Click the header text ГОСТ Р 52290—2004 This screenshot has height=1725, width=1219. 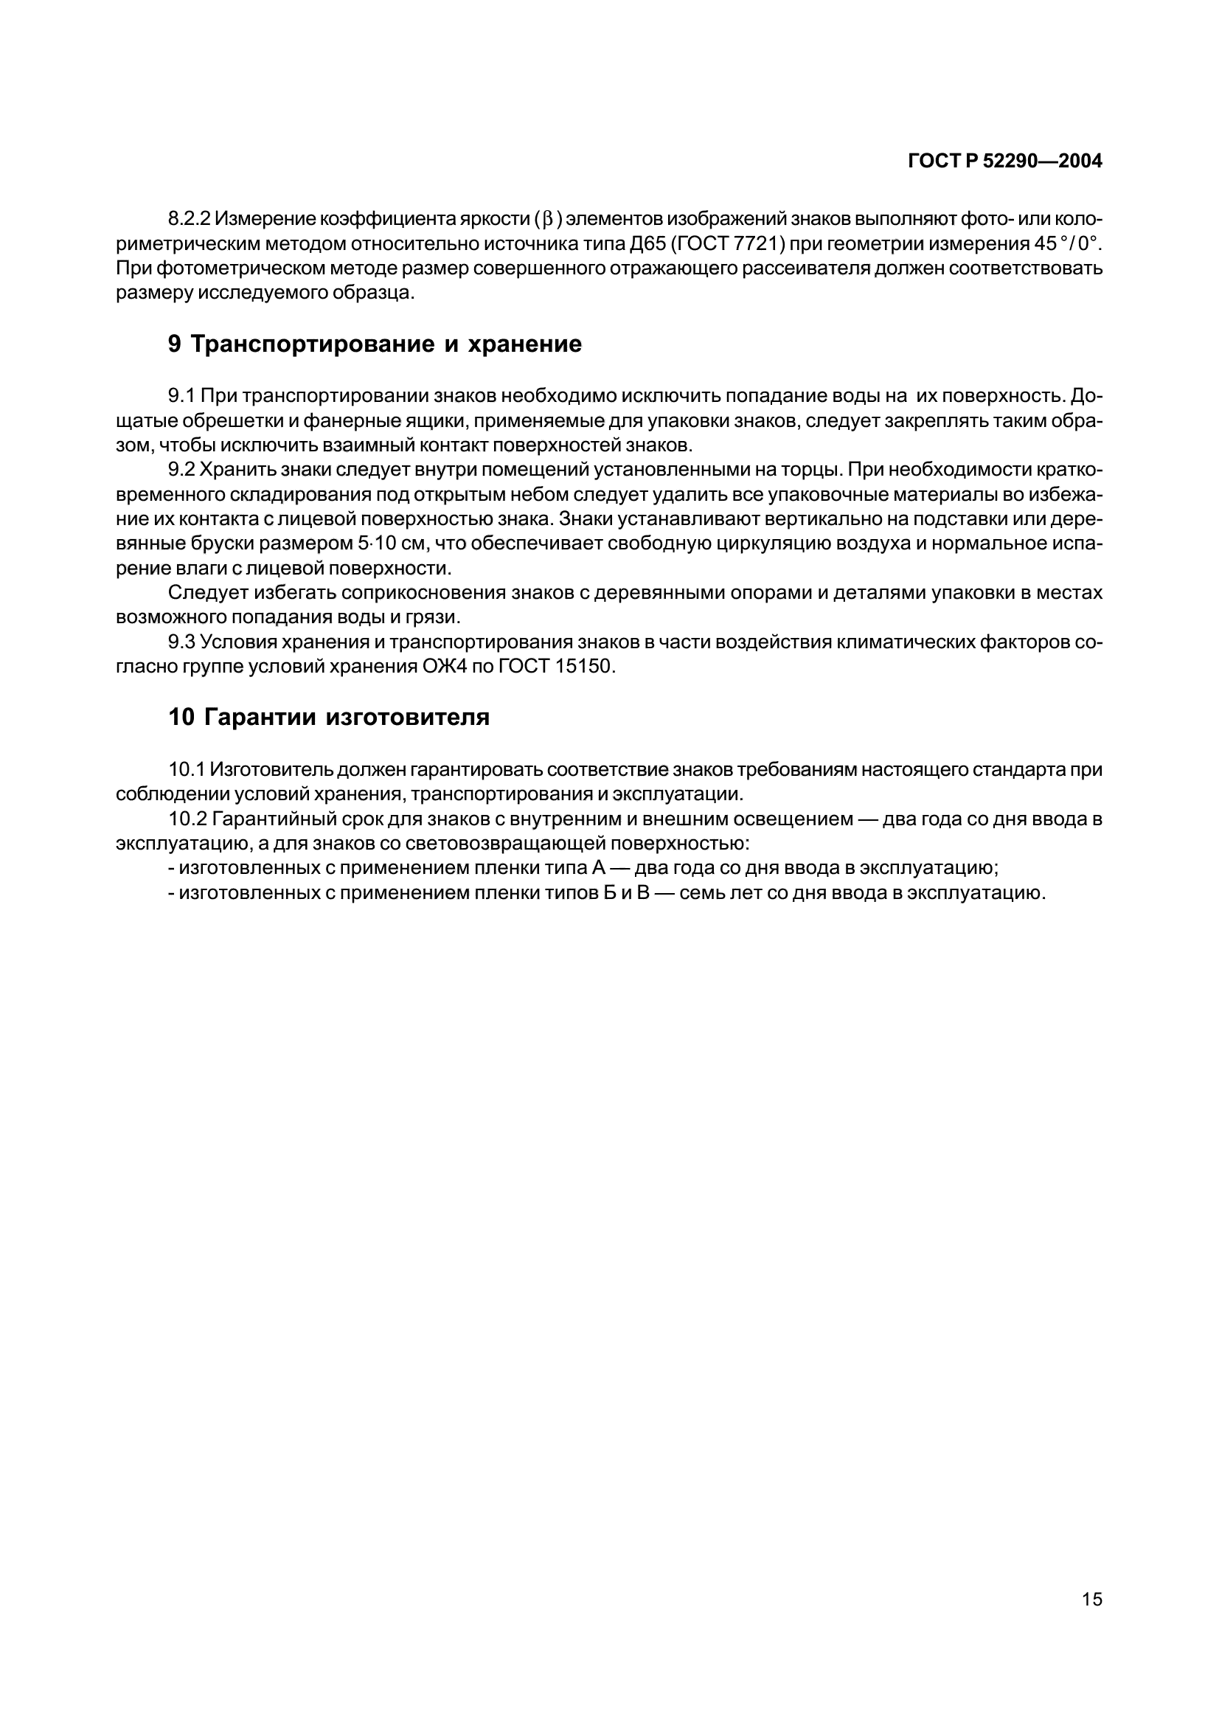coord(1004,161)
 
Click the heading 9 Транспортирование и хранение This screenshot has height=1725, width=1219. coord(374,344)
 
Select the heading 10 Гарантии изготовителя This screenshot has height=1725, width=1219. coord(328,717)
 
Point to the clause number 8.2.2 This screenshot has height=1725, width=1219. coord(189,218)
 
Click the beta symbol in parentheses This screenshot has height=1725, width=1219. coord(547,219)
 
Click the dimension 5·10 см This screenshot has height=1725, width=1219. coord(391,544)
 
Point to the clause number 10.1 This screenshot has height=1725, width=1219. coord(187,769)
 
